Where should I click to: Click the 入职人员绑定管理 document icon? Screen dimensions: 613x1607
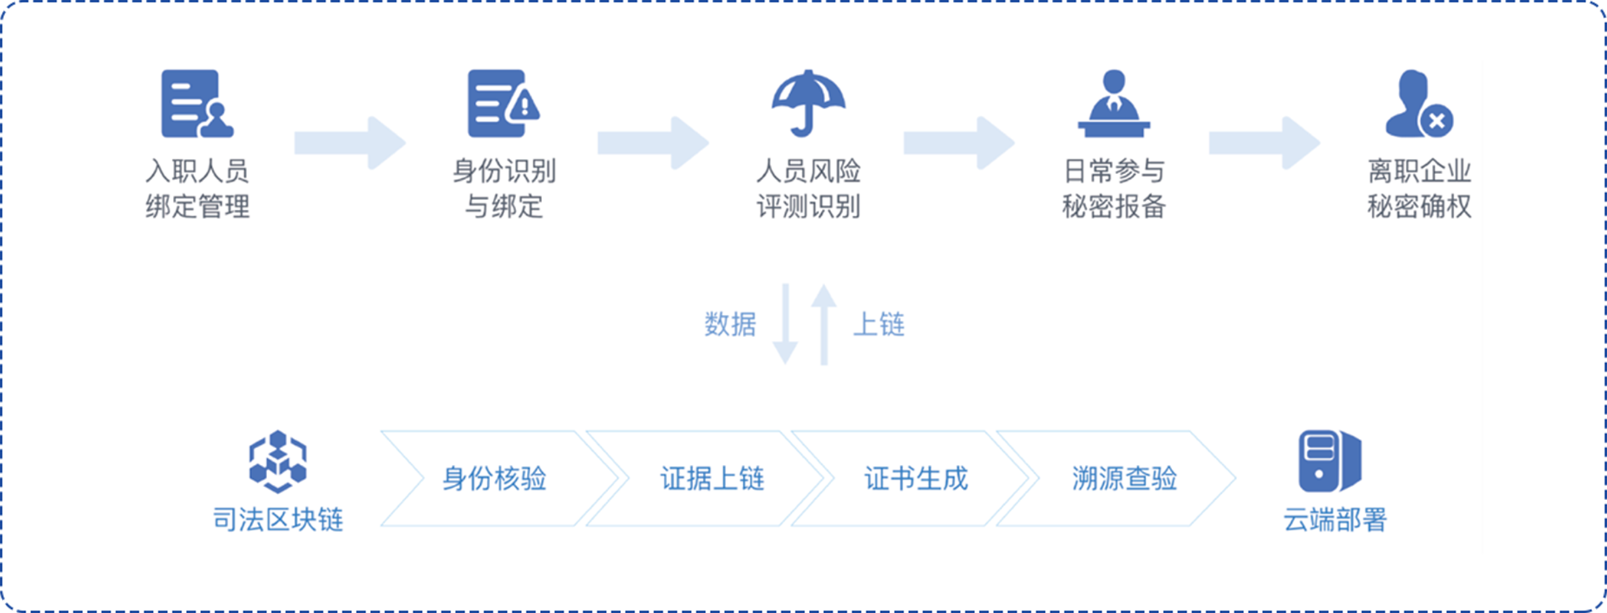196,103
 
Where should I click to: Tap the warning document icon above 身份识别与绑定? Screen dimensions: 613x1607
502,103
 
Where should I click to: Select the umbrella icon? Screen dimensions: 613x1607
808,103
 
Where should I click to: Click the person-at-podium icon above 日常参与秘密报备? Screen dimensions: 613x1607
1114,103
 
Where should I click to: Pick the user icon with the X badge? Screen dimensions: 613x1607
1418,103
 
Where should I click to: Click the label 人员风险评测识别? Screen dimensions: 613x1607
808,188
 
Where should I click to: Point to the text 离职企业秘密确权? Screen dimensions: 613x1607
1419,188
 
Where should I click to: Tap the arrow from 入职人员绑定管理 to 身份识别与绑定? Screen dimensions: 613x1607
349,143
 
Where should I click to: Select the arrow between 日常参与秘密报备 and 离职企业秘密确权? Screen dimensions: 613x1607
1264,143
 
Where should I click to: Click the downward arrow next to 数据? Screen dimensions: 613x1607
785,324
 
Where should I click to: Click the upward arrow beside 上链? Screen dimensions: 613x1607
824,324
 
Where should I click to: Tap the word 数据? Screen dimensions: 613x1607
730,325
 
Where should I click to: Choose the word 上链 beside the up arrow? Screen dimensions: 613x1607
878,325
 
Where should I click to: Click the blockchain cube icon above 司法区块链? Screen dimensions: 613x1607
278,461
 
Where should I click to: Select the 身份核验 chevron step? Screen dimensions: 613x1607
494,479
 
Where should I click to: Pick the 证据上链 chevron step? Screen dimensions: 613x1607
712,479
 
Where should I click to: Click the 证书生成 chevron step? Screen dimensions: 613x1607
916,479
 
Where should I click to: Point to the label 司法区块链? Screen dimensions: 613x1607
278,519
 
